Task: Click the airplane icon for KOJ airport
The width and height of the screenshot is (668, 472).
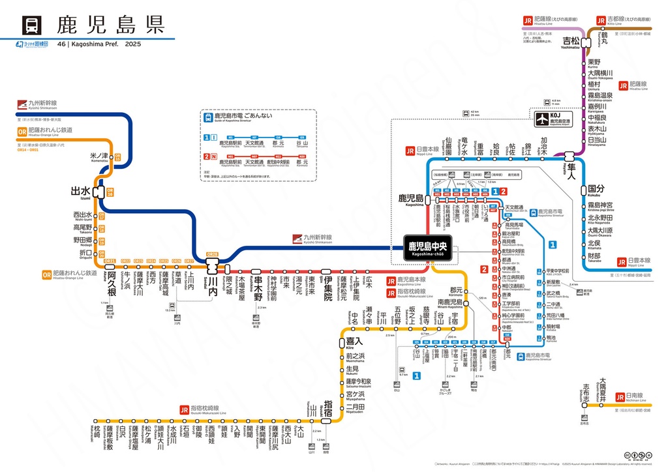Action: [542, 119]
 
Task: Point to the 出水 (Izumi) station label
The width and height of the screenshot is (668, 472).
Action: [81, 191]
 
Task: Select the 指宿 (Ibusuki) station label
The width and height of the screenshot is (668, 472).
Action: [328, 412]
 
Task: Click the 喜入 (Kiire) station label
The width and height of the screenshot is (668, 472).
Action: [354, 340]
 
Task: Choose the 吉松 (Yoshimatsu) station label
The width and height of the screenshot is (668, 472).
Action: [571, 41]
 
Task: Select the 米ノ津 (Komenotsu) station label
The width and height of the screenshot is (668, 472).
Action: [98, 157]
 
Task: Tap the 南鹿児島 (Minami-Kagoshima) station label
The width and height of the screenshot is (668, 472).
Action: [449, 302]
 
